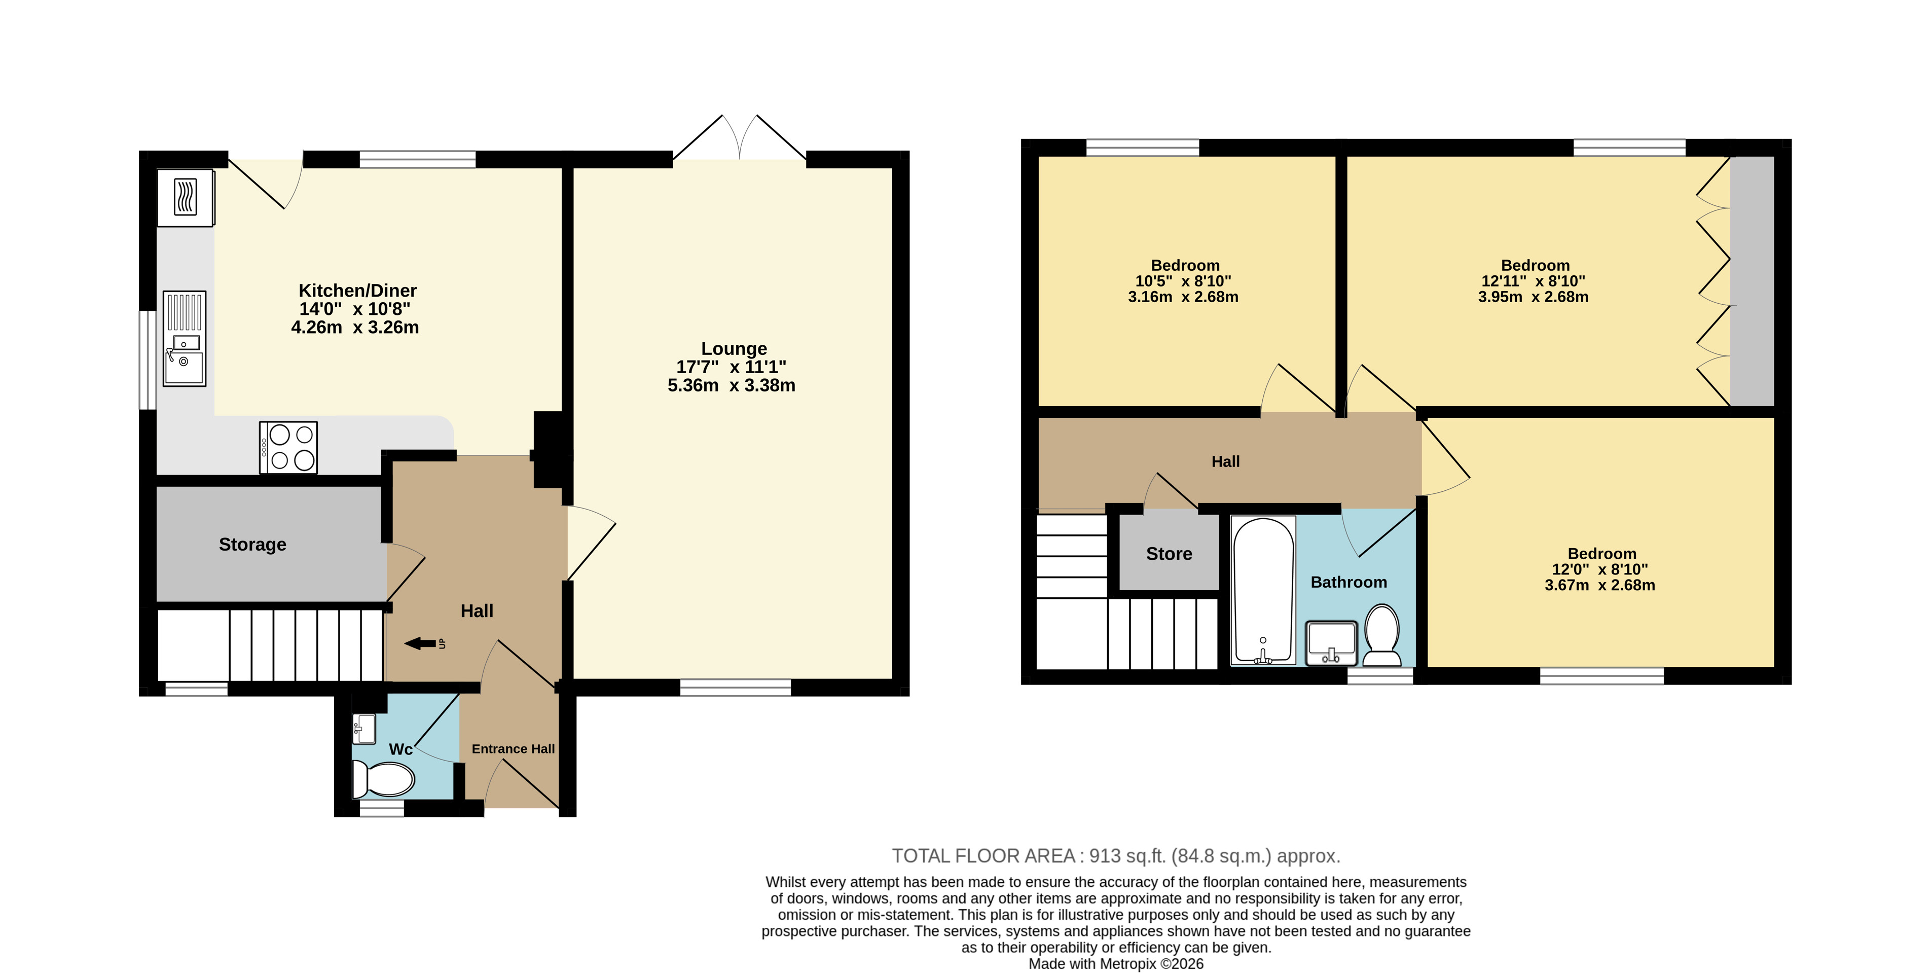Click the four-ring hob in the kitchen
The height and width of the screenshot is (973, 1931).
(x=288, y=448)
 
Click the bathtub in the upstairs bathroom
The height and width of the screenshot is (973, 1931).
(x=1264, y=591)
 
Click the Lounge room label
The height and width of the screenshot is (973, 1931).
(x=734, y=348)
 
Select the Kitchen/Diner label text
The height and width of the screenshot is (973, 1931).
(x=357, y=291)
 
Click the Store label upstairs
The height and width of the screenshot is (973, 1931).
(x=1169, y=554)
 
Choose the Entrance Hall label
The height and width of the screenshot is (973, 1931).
(x=514, y=749)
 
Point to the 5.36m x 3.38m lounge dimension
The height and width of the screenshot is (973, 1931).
(x=732, y=385)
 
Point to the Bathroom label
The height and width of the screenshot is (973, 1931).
(x=1349, y=583)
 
